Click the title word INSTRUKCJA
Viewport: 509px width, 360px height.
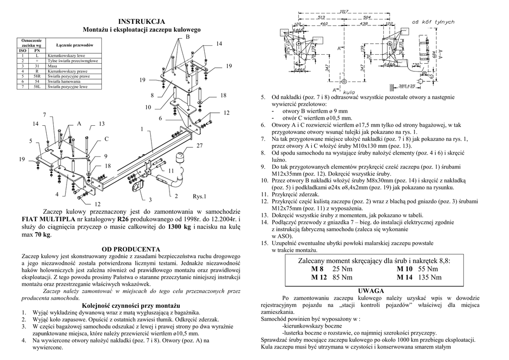(142, 21)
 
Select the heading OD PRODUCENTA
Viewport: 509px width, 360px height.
(131, 249)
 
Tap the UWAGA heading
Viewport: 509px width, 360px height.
(370, 290)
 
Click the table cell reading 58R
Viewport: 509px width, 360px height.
(37, 77)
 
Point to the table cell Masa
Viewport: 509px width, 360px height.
(52, 66)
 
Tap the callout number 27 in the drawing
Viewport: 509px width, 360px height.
(200, 146)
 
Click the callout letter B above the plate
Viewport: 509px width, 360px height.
(188, 38)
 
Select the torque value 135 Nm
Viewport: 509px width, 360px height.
(430, 277)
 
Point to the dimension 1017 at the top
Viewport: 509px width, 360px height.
(343, 11)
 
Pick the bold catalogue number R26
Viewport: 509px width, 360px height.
(123, 219)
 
